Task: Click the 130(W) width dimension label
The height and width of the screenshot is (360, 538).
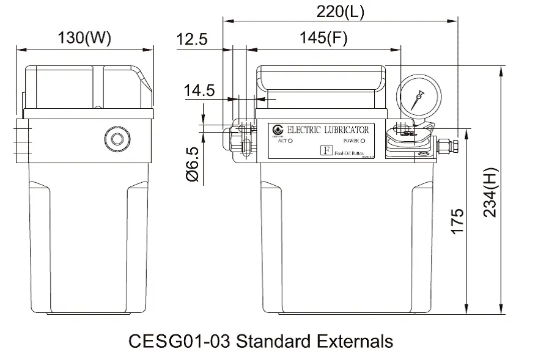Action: (x=84, y=38)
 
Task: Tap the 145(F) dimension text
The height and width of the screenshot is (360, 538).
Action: (x=323, y=39)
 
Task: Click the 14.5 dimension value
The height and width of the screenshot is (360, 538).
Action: (x=199, y=91)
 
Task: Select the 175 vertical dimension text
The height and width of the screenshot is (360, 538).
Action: (x=458, y=221)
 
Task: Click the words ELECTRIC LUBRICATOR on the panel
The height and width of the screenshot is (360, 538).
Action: (x=328, y=130)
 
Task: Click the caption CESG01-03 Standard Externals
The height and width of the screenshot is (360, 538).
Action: (x=261, y=340)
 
